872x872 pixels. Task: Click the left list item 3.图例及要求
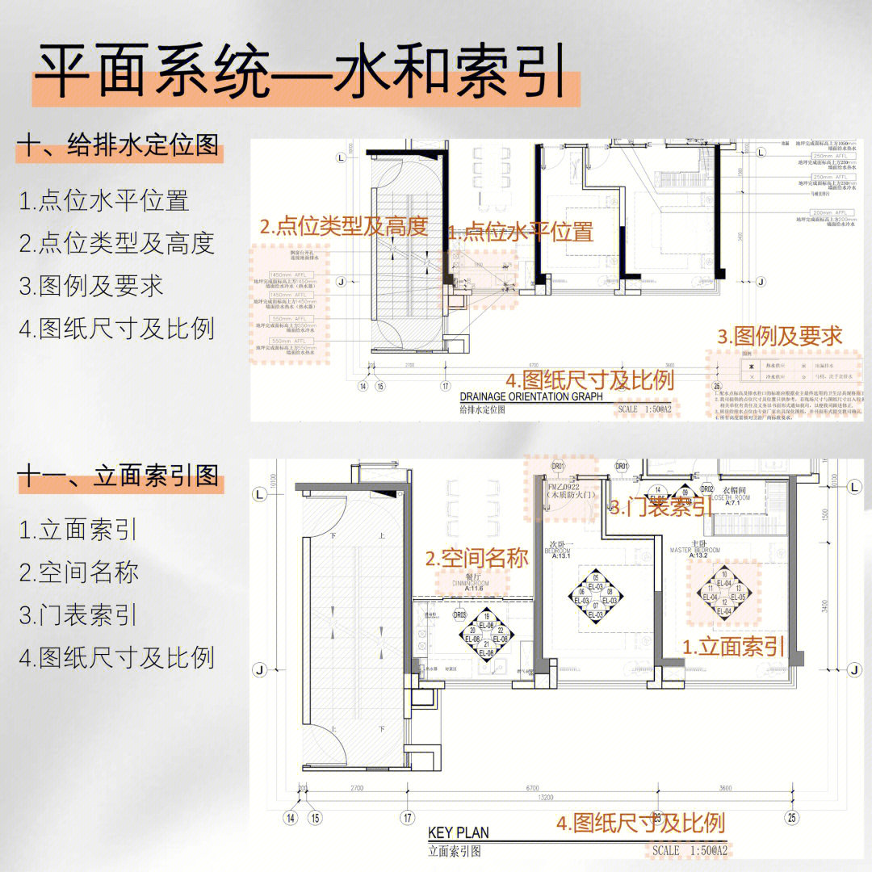coord(91,286)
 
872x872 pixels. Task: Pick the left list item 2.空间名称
coord(79,572)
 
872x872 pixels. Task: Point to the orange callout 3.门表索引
coord(660,507)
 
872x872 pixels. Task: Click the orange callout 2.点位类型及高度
coord(342,227)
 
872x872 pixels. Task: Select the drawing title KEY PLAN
coord(458,832)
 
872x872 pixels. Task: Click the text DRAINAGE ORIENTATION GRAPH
coord(530,396)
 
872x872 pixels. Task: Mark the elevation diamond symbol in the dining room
coord(484,635)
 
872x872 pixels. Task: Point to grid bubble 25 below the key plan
coord(791,817)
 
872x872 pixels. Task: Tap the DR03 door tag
coord(459,614)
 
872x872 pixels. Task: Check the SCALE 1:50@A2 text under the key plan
coord(690,850)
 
